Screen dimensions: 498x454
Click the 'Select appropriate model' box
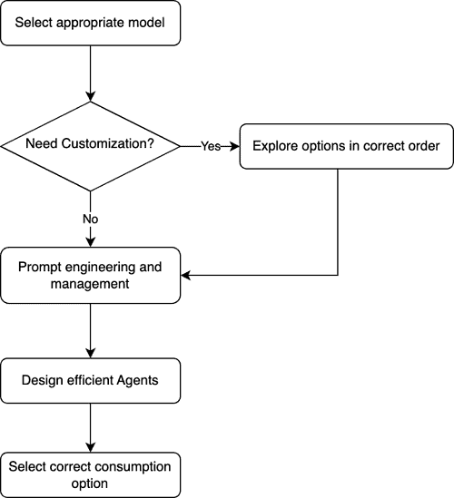pyautogui.click(x=91, y=23)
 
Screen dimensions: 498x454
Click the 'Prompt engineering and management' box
pyautogui.click(x=91, y=275)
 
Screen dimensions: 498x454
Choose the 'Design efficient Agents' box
pyautogui.click(x=91, y=380)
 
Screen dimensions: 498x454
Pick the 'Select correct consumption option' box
pyautogui.click(x=91, y=474)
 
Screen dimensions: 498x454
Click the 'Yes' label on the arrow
pyautogui.click(x=211, y=145)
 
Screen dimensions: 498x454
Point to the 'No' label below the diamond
pyautogui.click(x=91, y=219)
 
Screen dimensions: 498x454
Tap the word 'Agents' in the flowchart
pyautogui.click(x=135, y=380)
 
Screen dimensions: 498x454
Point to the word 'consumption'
pyautogui.click(x=132, y=466)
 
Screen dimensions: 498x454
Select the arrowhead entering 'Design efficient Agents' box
pyautogui.click(x=91, y=354)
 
